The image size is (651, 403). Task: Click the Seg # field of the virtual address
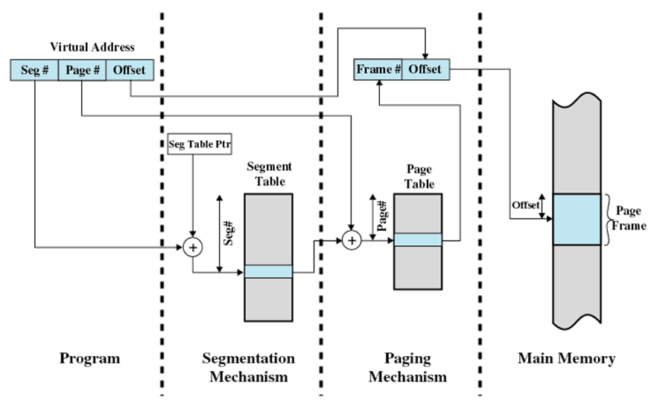pos(34,71)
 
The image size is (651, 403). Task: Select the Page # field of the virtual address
pos(82,71)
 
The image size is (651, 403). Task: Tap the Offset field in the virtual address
pos(130,71)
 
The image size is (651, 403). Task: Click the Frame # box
pos(378,70)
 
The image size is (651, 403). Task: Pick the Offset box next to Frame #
pos(425,70)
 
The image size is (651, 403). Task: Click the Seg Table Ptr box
pos(193,145)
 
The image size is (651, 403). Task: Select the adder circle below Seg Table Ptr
pos(193,247)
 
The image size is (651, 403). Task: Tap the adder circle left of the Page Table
pos(351,240)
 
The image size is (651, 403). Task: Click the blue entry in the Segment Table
pos(268,272)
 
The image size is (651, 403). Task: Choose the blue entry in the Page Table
pos(417,240)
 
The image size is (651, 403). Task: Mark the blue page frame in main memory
pos(576,220)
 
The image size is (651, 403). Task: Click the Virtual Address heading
pos(92,48)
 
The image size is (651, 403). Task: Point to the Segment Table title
pos(269,173)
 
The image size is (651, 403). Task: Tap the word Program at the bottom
pos(89,358)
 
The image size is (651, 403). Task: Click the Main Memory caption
pos(566,358)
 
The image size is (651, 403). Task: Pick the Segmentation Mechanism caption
pos(248,367)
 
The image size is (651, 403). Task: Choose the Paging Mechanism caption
pos(407,367)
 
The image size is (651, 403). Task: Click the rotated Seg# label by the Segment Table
pos(231,233)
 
